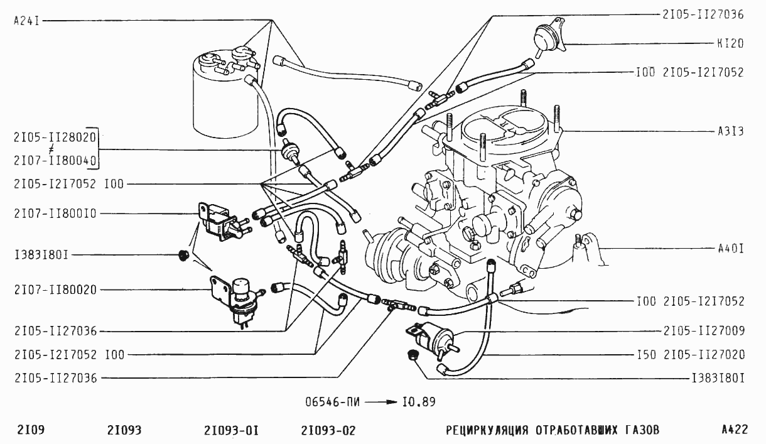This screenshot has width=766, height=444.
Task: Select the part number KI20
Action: [x=730, y=44]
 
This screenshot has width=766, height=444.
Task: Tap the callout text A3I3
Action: [x=730, y=132]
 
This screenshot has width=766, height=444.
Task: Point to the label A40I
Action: [x=730, y=249]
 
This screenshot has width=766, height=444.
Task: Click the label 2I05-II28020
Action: [x=53, y=136]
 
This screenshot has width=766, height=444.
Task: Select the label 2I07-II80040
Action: [x=53, y=161]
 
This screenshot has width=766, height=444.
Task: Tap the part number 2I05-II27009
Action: [x=703, y=328]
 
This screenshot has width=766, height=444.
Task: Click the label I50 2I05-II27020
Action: [x=690, y=355]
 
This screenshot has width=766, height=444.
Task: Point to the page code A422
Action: [x=734, y=430]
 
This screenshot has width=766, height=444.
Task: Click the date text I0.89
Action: [x=419, y=401]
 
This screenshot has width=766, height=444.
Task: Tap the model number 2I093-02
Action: [x=328, y=430]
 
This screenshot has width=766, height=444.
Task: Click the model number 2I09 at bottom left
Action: [x=29, y=430]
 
